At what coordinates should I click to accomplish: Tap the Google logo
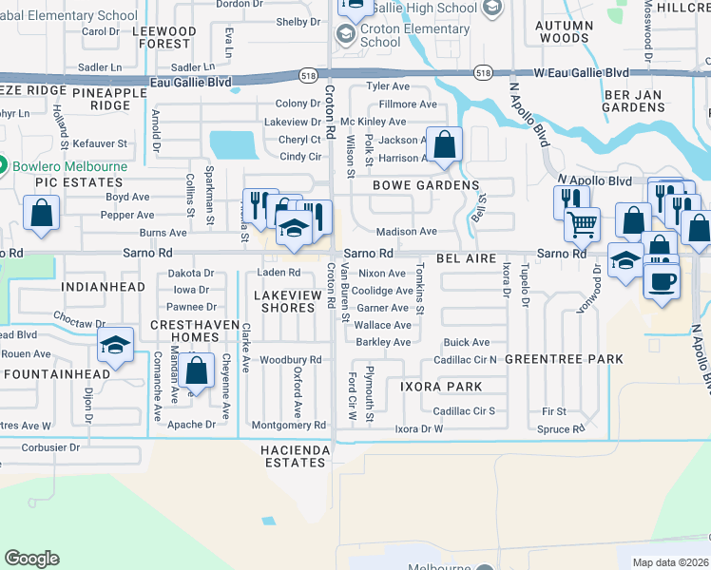(x=31, y=559)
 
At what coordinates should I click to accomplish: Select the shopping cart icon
(x=582, y=225)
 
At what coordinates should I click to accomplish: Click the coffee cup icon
(x=662, y=280)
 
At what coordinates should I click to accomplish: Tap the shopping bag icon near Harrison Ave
(x=443, y=145)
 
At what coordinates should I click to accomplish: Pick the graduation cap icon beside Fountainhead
(x=114, y=347)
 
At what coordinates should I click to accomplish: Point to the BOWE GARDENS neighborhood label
(x=425, y=185)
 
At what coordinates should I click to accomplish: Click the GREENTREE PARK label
(x=564, y=359)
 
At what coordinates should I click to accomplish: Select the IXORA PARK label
(x=440, y=387)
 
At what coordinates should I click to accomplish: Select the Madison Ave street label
(x=406, y=232)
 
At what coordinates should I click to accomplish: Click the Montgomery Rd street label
(x=289, y=426)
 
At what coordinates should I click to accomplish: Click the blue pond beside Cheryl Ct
(x=233, y=144)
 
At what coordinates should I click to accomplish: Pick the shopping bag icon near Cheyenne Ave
(x=196, y=372)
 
